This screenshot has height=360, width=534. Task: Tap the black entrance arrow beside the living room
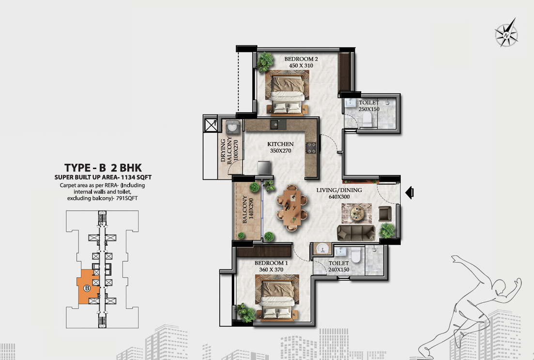coord(410,193)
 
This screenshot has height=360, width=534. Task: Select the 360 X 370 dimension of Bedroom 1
coord(271,269)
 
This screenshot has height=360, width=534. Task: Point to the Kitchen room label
coord(280,144)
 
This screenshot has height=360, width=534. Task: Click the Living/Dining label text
coord(339,190)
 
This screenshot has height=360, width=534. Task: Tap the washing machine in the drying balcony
coord(233,127)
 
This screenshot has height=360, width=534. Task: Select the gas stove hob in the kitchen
coord(311,148)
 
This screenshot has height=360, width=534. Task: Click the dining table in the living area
coord(292,208)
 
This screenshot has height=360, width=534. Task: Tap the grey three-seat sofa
coord(356,233)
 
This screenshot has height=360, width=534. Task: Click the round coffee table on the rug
coord(356,213)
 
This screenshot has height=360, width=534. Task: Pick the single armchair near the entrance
coord(385,214)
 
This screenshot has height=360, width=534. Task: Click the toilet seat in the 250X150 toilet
coord(367,119)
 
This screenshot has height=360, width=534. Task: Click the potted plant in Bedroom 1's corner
coord(245,313)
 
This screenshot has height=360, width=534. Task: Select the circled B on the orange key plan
coord(87,288)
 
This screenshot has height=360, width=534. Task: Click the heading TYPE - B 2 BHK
coord(103,168)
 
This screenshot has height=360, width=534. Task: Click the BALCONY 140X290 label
coord(247,209)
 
